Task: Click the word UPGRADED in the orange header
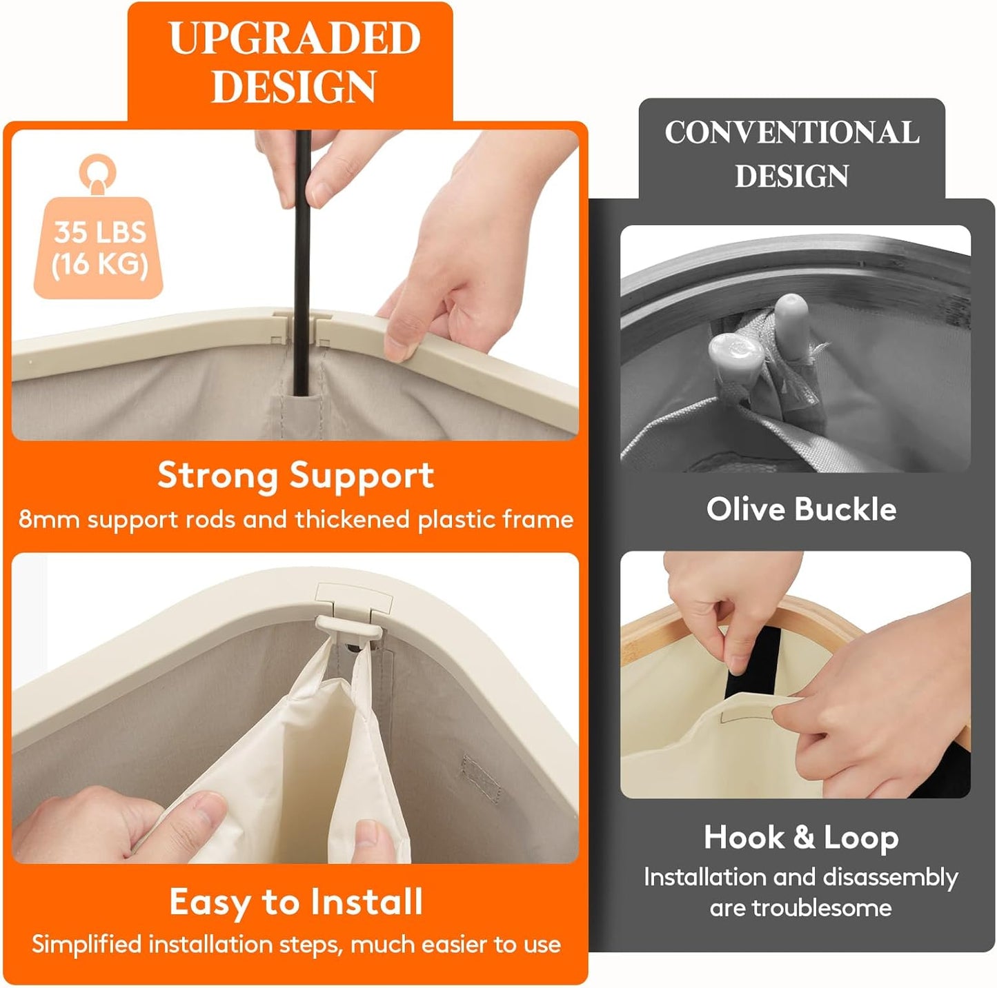click(x=295, y=38)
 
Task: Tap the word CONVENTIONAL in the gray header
click(x=792, y=132)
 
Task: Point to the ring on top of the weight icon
click(x=97, y=170)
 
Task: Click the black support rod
click(x=302, y=263)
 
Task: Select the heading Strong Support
click(x=295, y=475)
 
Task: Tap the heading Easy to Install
click(x=296, y=902)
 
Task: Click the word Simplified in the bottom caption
click(x=86, y=944)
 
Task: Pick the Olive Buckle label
click(x=802, y=510)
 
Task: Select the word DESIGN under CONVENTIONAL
click(x=792, y=176)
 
